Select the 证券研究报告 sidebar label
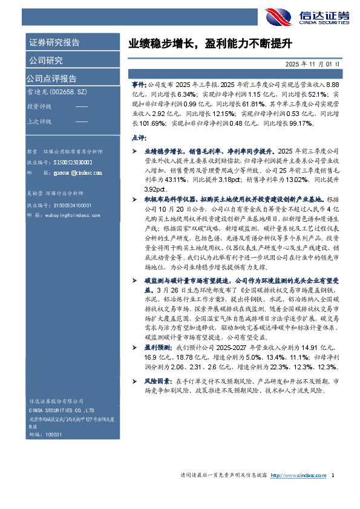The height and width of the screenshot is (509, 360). pyautogui.click(x=54, y=44)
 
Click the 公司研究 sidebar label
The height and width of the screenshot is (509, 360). pyautogui.click(x=46, y=60)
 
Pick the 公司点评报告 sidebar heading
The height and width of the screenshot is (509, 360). pyautogui.click(x=51, y=78)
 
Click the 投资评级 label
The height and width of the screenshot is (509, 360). pyautogui.click(x=39, y=107)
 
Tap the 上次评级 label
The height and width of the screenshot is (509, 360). pyautogui.click(x=39, y=121)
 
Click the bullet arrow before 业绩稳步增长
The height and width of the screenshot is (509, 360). pyautogui.click(x=136, y=150)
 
